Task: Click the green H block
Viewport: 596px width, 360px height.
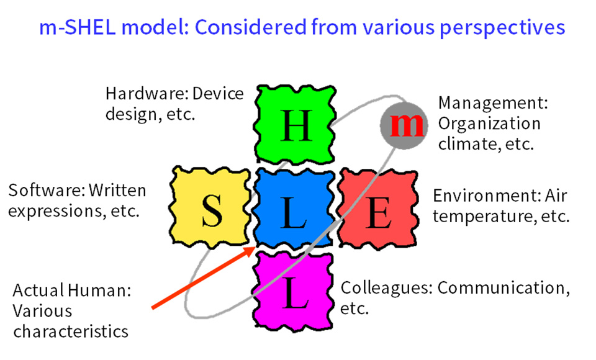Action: (294, 125)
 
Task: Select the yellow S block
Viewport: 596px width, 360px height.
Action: (210, 207)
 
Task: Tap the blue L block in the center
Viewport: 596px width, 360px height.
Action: (294, 207)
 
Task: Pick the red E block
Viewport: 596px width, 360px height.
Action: (378, 209)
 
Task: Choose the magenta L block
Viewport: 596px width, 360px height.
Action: (292, 291)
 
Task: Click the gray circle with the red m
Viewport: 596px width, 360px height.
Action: (404, 125)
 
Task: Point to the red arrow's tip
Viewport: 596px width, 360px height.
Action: (255, 247)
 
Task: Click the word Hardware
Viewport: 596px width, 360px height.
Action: (147, 94)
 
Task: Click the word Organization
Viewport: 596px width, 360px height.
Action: (489, 124)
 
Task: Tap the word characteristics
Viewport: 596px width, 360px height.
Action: (71, 331)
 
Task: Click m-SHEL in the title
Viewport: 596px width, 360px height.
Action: (77, 27)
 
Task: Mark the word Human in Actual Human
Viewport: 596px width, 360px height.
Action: (100, 290)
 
